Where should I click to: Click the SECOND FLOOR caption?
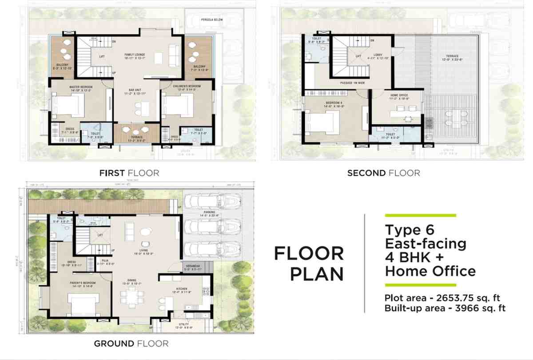point(383,173)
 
